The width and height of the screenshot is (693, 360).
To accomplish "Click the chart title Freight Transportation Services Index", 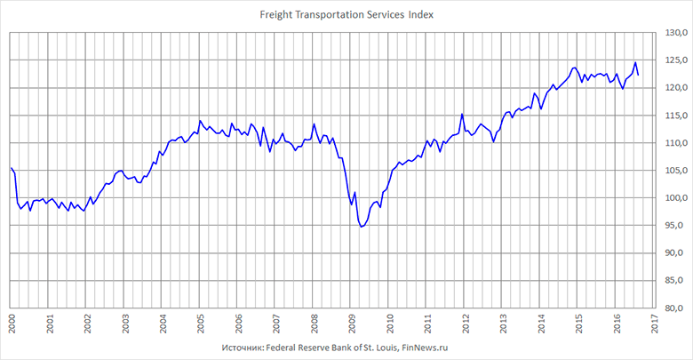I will pyautogui.click(x=346, y=15).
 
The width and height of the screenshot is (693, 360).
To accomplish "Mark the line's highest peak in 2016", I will pyautogui.click(x=635, y=63).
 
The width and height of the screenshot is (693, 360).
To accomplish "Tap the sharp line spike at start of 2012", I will pyautogui.click(x=462, y=114).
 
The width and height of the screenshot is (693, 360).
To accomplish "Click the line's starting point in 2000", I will pyautogui.click(x=11, y=168).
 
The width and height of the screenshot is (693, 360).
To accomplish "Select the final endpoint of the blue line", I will pyautogui.click(x=639, y=75).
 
